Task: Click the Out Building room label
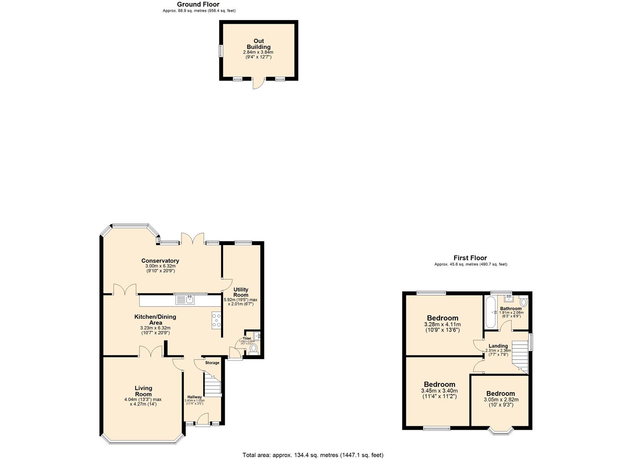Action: point(259,44)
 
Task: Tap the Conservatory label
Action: point(160,261)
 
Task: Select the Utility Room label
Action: point(241,292)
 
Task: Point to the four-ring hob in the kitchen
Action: point(216,320)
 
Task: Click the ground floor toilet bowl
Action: point(254,348)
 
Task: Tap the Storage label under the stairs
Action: point(212,363)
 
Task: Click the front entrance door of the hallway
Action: point(203,423)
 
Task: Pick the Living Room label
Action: point(143,391)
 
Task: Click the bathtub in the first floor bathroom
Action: point(490,312)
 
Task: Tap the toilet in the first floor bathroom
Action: point(523,302)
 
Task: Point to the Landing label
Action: point(498,346)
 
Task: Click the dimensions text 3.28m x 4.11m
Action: point(442,324)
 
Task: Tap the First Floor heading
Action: point(470,258)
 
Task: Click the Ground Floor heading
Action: point(198,5)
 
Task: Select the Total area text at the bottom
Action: point(313,455)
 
